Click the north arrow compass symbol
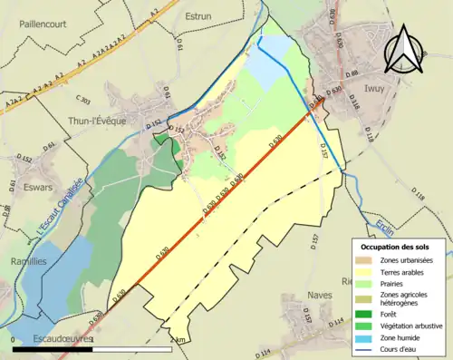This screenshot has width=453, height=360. coord(405,50)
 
